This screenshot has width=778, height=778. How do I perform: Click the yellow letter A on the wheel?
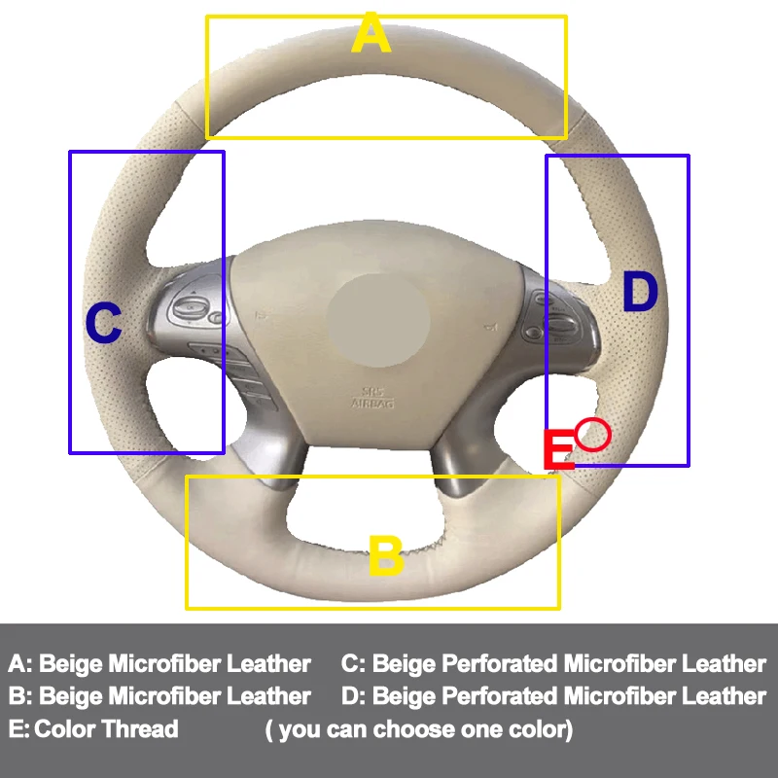pos(371,35)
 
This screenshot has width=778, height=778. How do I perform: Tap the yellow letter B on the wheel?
pos(385,557)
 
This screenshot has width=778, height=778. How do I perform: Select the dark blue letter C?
pos(104,324)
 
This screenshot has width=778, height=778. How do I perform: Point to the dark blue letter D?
pos(640,292)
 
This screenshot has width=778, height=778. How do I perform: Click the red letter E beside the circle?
pos(558,450)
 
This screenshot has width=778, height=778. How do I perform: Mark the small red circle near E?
pos(592,435)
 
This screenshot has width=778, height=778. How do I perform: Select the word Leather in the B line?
pos(268,696)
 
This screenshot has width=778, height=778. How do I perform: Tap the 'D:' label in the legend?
pos(355,696)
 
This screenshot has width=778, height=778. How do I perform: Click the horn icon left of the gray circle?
pos(261,315)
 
